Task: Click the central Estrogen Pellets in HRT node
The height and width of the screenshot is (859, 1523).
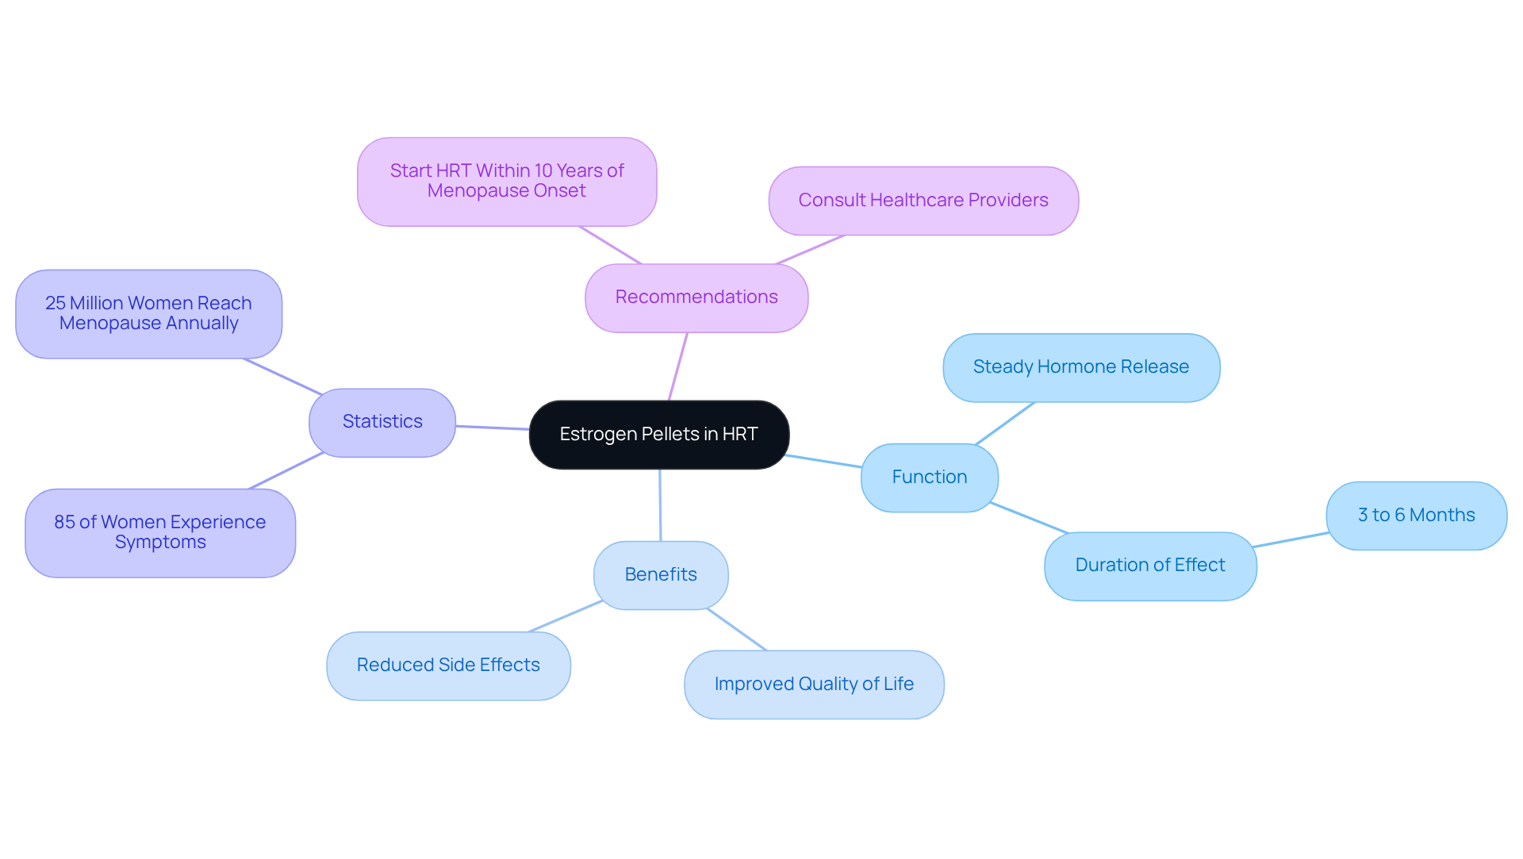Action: (658, 435)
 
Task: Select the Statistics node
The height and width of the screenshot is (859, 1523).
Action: (382, 422)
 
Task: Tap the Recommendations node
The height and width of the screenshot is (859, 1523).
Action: (696, 297)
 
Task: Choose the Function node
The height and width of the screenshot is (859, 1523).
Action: (929, 477)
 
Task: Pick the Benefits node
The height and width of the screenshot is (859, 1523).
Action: (661, 575)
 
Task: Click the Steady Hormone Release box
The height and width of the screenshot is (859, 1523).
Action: (1080, 367)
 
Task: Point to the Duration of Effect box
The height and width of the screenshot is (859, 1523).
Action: (1149, 566)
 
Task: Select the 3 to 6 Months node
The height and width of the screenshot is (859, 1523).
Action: (1416, 516)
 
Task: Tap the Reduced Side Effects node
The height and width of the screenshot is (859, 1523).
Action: (448, 665)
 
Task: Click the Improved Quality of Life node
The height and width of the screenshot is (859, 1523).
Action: (814, 685)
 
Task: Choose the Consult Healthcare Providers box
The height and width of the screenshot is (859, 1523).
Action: (923, 201)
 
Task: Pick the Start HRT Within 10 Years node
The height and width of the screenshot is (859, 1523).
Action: (507, 182)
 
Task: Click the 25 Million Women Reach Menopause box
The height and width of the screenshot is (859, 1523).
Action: (148, 314)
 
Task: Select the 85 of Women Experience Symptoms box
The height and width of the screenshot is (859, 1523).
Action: (160, 532)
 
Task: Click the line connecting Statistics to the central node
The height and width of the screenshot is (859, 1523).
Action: (493, 428)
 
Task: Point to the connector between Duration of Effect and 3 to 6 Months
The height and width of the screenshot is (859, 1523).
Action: (1291, 539)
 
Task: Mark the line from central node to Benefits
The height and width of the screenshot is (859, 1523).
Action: (660, 505)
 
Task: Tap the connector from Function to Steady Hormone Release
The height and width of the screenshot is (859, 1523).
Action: (1005, 423)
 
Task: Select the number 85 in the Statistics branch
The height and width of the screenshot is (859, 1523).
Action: (64, 522)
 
